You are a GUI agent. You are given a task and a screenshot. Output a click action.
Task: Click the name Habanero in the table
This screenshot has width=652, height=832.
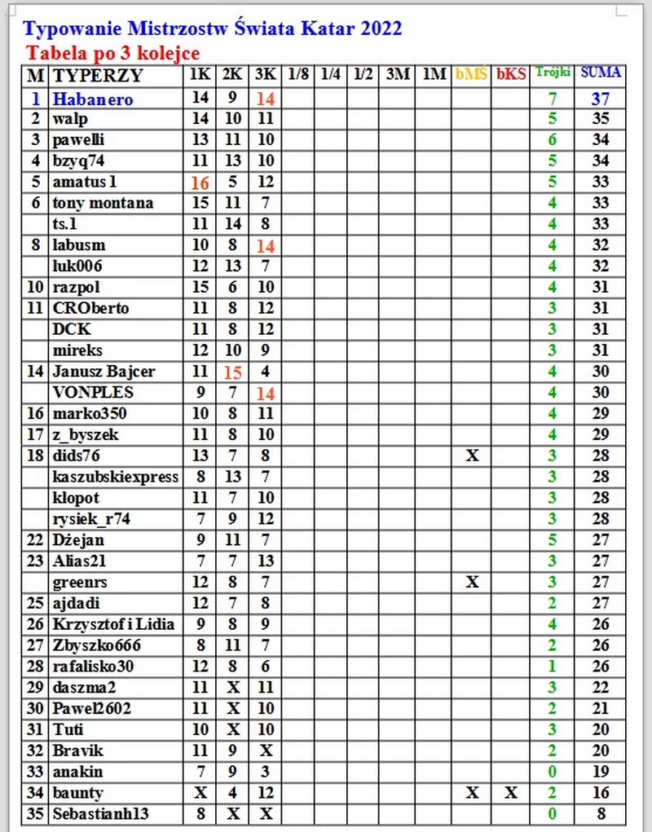pyautogui.click(x=92, y=99)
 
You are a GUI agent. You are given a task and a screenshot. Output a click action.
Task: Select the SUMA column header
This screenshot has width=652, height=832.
pyautogui.click(x=601, y=73)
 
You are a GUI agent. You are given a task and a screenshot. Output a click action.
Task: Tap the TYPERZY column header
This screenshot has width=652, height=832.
pyautogui.click(x=97, y=76)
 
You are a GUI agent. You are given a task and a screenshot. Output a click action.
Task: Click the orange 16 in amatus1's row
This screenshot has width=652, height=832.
pyautogui.click(x=200, y=183)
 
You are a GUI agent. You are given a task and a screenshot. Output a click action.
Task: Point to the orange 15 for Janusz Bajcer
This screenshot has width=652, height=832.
pyautogui.click(x=232, y=372)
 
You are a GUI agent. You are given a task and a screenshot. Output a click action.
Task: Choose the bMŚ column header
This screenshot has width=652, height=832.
pyautogui.click(x=472, y=75)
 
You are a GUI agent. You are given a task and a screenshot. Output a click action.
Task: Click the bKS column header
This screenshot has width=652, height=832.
pyautogui.click(x=511, y=75)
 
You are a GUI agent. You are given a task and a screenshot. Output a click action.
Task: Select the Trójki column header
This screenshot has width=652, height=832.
pyautogui.click(x=553, y=73)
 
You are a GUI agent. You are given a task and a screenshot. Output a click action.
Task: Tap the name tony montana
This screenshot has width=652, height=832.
pyautogui.click(x=103, y=203)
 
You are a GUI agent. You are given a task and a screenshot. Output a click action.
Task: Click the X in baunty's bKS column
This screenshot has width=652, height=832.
pyautogui.click(x=511, y=792)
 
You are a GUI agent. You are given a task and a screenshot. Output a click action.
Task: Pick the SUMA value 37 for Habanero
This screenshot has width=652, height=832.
pyautogui.click(x=601, y=99)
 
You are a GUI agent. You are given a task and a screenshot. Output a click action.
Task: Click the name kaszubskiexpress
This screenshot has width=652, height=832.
pyautogui.click(x=115, y=477)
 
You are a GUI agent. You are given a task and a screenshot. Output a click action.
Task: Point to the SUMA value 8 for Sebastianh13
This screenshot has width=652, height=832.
pyautogui.click(x=601, y=813)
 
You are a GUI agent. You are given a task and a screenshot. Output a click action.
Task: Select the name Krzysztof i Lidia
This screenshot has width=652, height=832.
pyautogui.click(x=113, y=624)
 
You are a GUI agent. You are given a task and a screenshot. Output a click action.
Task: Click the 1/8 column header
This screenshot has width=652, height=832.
pyautogui.click(x=298, y=75)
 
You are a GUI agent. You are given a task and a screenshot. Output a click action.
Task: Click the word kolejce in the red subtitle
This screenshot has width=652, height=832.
pyautogui.click(x=170, y=54)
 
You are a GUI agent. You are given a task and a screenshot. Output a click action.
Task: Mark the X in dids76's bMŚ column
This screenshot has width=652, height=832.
pyautogui.click(x=472, y=456)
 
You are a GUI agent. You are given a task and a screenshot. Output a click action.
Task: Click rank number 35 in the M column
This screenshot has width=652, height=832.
pyautogui.click(x=35, y=813)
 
